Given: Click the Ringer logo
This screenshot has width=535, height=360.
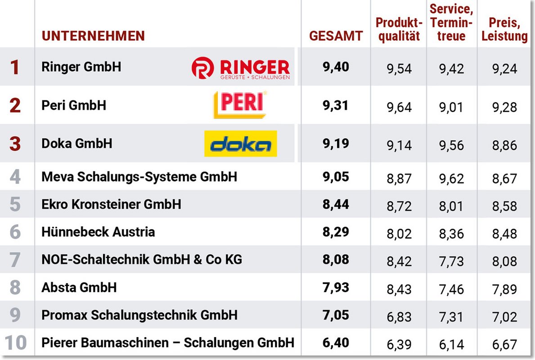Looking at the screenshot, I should [x=241, y=68].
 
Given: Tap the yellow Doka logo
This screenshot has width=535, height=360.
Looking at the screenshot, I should [x=240, y=144].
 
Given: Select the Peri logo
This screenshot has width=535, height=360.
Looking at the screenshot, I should [x=240, y=105].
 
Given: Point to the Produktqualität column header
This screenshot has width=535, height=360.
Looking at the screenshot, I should [x=399, y=29].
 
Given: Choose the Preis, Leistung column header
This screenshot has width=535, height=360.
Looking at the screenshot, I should [x=504, y=29].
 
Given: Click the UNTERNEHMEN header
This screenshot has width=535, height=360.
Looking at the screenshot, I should [x=93, y=36].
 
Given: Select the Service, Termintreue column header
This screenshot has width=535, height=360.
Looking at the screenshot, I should [x=451, y=22].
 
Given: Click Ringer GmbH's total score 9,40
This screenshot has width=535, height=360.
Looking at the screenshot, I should [x=336, y=67].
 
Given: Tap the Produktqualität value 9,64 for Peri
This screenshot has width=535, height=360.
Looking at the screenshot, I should [x=399, y=107].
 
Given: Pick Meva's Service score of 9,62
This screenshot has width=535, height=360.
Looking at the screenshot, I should [x=451, y=179].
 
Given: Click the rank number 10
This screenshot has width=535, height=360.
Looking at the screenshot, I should [x=15, y=343].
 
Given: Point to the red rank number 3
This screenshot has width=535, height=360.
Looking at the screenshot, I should [x=15, y=144].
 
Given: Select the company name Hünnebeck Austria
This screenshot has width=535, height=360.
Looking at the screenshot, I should [x=98, y=232].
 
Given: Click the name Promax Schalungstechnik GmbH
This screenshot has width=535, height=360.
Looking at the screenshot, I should [x=139, y=315].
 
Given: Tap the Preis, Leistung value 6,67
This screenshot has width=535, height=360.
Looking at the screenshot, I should [x=504, y=345].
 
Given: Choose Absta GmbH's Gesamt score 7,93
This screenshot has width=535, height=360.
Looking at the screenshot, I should [x=336, y=287].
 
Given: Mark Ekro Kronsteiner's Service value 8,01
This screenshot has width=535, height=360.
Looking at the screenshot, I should [x=451, y=206].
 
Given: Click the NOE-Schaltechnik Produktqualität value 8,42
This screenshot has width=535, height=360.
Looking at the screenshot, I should [x=399, y=261].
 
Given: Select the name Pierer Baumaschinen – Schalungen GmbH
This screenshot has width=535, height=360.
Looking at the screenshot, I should [x=168, y=342].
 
